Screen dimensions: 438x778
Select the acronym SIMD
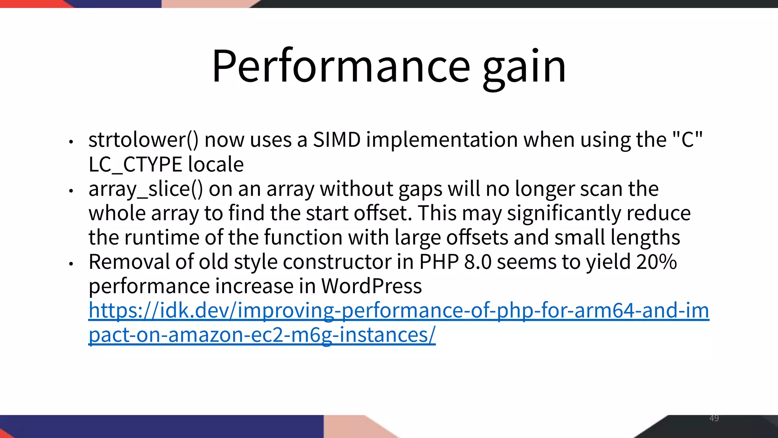tap(337, 140)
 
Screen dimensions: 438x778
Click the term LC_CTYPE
tap(135, 165)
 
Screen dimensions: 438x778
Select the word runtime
tap(162, 238)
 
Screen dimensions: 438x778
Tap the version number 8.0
tap(478, 262)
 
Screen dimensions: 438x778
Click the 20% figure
tap(657, 262)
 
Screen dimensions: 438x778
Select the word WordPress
tap(371, 286)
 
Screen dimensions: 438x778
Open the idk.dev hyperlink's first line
tap(398, 311)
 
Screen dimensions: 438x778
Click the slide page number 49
tap(714, 418)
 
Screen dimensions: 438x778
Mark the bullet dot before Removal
tap(71, 263)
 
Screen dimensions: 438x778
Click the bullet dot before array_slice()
tap(71, 190)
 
